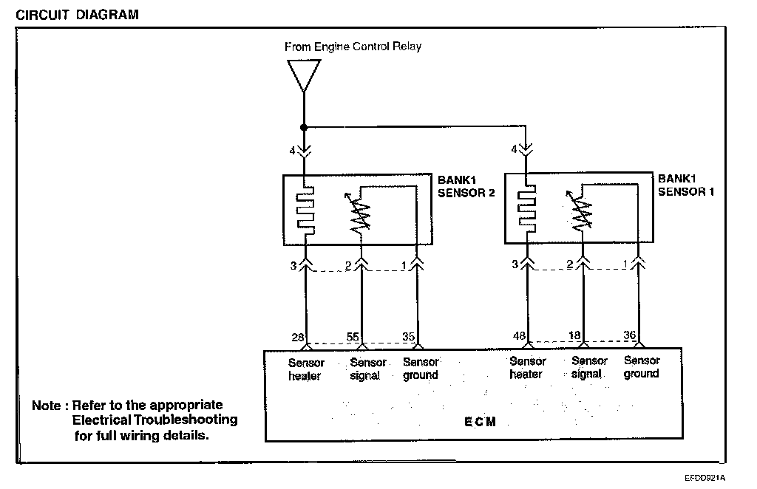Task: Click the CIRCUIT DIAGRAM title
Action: [x=77, y=15]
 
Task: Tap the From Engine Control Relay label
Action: [x=353, y=47]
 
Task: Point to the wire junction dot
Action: [x=304, y=127]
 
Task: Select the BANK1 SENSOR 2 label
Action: [x=466, y=186]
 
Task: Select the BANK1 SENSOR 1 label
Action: [x=685, y=185]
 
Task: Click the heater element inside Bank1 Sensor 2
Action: [x=305, y=211]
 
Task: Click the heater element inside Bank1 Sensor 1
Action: [x=526, y=208]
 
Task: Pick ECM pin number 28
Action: [x=298, y=338]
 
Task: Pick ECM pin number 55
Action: [x=353, y=337]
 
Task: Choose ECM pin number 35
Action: [x=408, y=337]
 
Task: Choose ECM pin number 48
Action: [x=520, y=335]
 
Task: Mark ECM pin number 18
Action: [x=574, y=335]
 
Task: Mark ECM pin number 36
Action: [x=630, y=335]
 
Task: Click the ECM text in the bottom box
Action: [x=480, y=422]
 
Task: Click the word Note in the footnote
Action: [x=47, y=406]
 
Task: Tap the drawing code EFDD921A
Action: [x=705, y=478]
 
